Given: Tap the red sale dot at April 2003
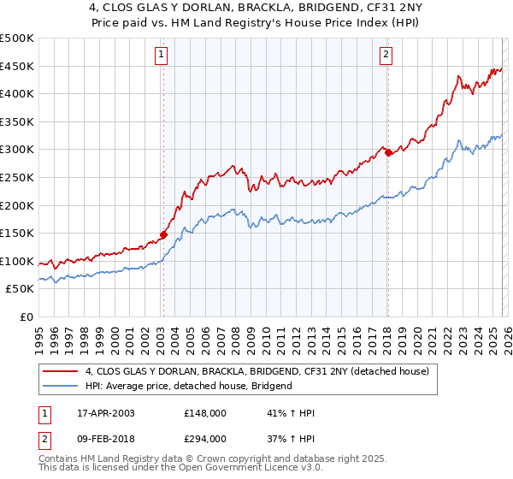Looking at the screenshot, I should (163, 234).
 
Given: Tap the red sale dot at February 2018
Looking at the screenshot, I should (388, 153).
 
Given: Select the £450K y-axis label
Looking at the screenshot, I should (17, 66).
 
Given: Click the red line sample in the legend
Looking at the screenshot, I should (62, 371).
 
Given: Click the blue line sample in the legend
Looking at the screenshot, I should (62, 386).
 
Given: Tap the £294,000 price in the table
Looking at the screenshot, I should (204, 438).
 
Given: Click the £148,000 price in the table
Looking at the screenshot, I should (204, 413).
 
